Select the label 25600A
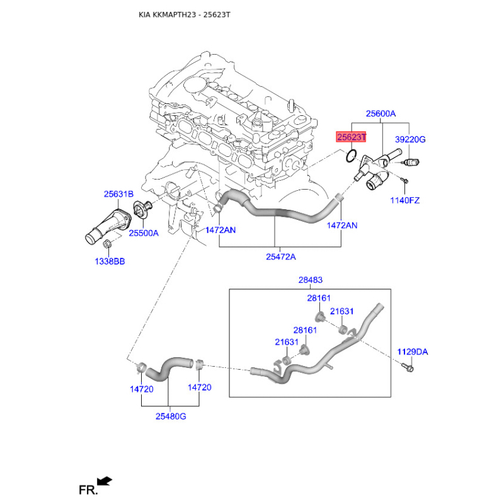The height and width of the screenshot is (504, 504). tap(381, 114)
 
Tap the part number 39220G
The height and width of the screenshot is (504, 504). tap(410, 139)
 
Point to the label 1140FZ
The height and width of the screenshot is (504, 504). tap(404, 200)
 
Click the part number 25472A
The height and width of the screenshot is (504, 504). tap(280, 256)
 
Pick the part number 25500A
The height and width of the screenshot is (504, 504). tap(144, 232)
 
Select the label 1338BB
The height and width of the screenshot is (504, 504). tap(109, 260)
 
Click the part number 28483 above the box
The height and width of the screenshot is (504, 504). tap(310, 280)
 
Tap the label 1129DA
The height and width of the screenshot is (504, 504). tap(412, 352)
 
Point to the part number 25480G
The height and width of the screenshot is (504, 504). tap(170, 416)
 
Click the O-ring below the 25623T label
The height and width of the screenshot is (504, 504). tap(353, 155)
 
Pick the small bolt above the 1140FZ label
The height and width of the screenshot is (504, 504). tap(405, 183)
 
